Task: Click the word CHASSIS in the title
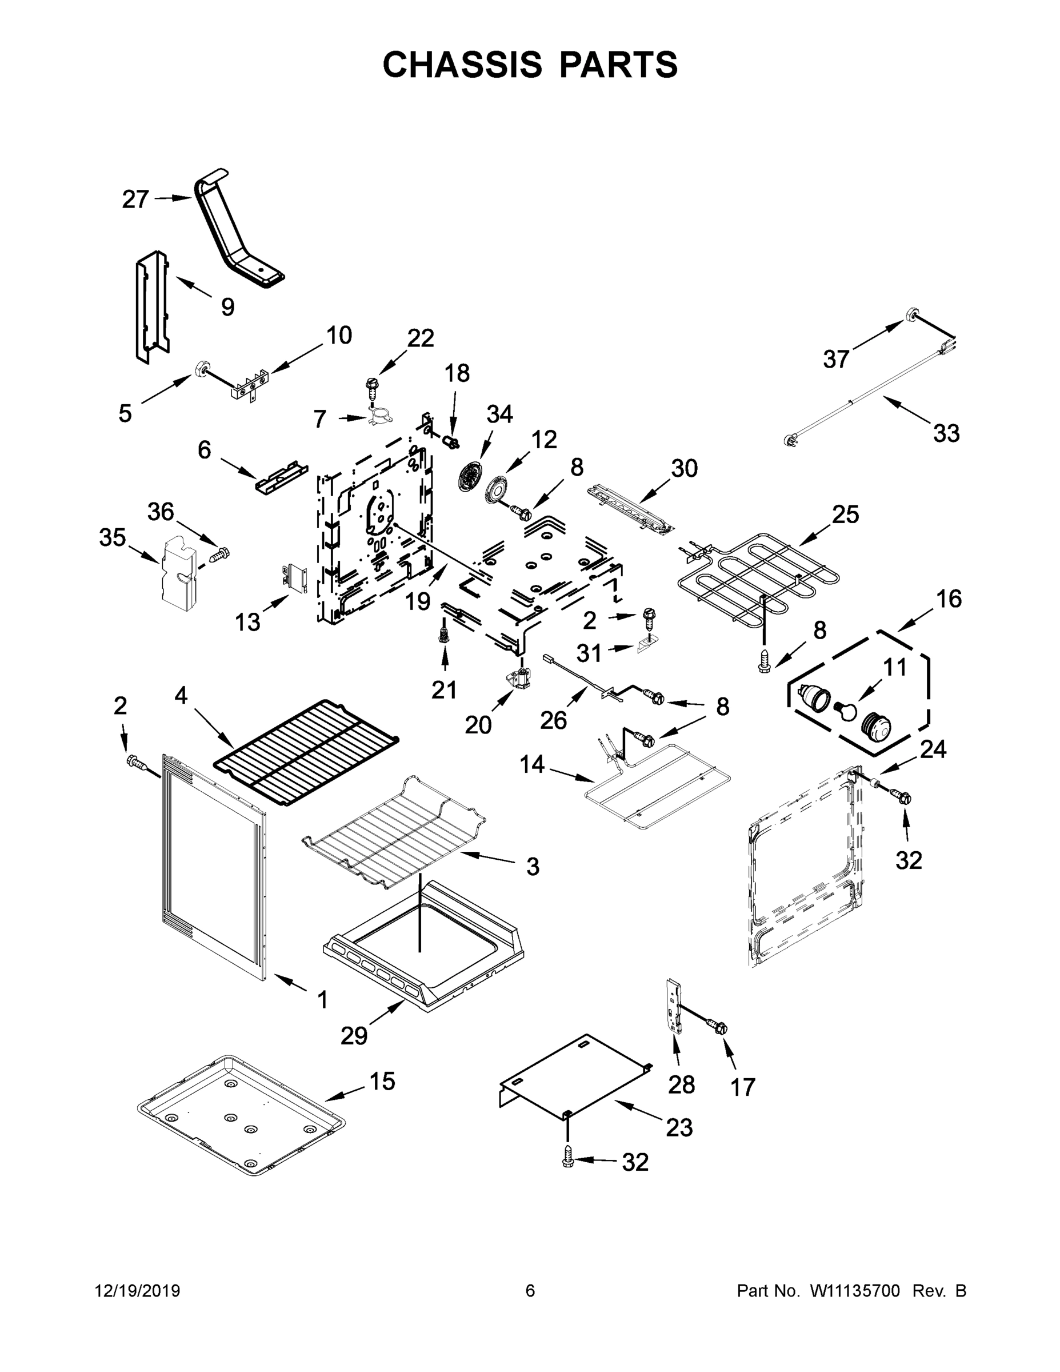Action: point(462,65)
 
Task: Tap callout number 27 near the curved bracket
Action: point(135,199)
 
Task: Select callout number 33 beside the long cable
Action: point(946,433)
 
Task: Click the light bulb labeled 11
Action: point(845,711)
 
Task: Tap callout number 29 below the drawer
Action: point(354,1035)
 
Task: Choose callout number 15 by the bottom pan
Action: point(382,1081)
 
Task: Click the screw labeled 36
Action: point(220,555)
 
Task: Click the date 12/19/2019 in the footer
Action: point(138,1291)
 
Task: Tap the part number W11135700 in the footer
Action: point(855,1291)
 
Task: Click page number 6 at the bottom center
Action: point(530,1291)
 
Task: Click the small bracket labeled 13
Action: point(294,577)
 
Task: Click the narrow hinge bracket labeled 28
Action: point(674,1006)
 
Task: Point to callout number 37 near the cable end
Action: point(836,360)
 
